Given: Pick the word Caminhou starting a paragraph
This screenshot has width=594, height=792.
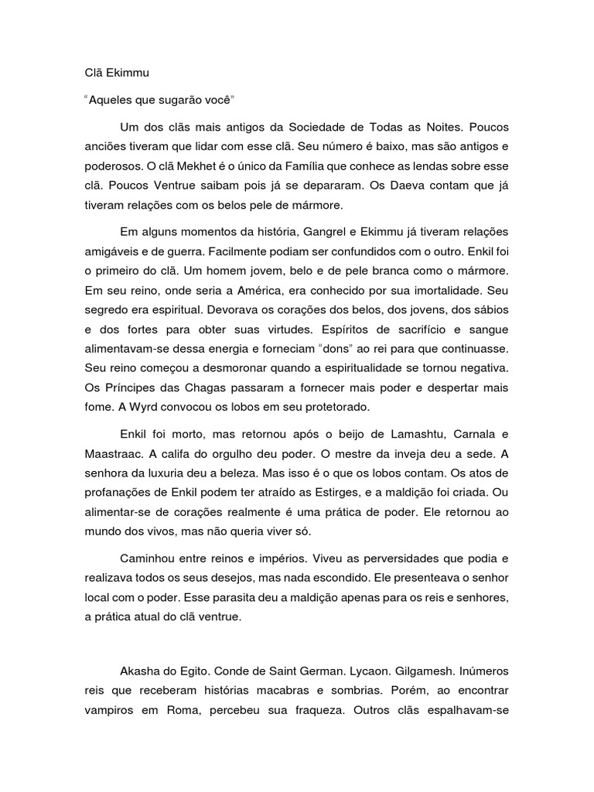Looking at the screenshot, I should point(152,558).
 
